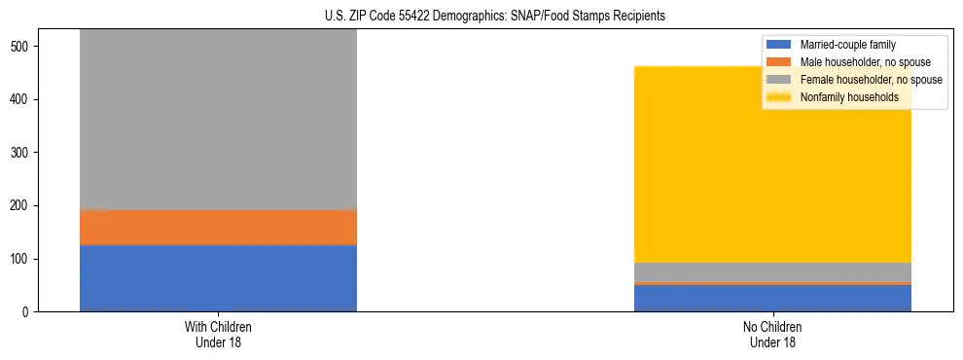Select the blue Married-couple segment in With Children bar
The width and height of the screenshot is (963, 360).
[218, 278]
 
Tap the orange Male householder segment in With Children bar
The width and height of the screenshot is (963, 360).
[218, 228]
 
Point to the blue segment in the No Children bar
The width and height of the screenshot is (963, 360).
[772, 299]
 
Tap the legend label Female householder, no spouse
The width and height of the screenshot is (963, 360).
[871, 80]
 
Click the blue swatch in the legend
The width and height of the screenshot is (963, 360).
[779, 45]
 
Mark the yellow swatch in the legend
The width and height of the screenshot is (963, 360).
[779, 97]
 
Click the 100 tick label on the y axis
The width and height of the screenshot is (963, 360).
[25, 259]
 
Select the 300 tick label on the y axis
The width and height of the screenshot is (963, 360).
[25, 153]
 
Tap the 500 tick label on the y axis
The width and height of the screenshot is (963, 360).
[25, 47]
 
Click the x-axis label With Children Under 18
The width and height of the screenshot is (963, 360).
[218, 335]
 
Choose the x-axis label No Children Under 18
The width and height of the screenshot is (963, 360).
[772, 335]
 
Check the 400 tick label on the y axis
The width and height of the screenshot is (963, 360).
[25, 99]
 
